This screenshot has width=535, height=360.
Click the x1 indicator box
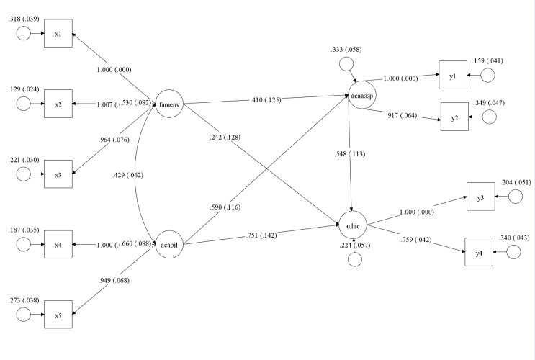pos(58,34)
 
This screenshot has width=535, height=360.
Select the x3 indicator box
pos(58,174)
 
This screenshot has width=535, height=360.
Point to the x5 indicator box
pos(58,315)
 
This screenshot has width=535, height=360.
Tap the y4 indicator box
pos(478,251)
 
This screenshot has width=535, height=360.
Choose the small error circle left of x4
pos(23,244)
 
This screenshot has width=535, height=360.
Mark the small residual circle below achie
pos(353,259)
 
